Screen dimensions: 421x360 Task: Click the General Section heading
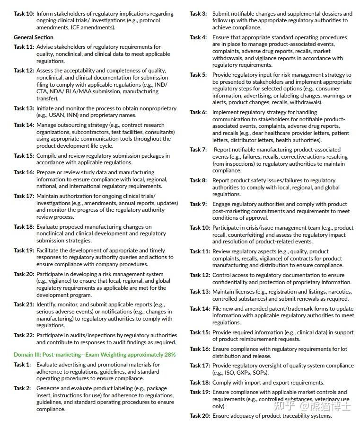34,37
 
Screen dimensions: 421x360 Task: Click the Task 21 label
24,305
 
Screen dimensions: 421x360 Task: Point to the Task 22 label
24,335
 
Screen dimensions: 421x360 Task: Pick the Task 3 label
198,14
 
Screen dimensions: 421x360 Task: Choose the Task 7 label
198,150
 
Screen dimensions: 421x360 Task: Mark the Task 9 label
198,204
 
